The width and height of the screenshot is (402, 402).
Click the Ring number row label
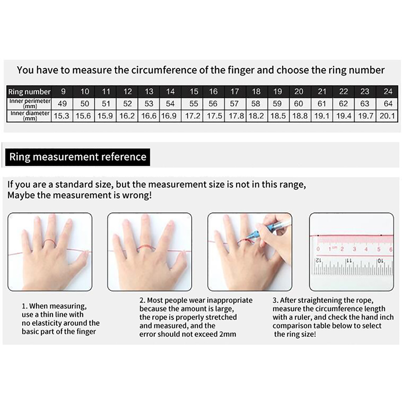(x=29, y=92)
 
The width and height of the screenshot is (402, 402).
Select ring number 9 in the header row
(x=63, y=91)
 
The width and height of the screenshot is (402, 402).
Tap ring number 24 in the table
(x=388, y=91)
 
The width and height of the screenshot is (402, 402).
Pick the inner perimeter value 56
(x=213, y=104)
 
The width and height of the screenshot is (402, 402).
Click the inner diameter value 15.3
(x=62, y=116)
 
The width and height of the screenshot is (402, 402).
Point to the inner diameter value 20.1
(x=387, y=116)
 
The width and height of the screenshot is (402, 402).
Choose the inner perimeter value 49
(x=62, y=104)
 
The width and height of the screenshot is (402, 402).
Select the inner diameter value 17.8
(x=236, y=116)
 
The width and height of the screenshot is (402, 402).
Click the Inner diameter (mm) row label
(x=30, y=116)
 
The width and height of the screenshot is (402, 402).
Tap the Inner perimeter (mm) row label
(x=30, y=104)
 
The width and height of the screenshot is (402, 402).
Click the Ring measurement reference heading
(x=78, y=157)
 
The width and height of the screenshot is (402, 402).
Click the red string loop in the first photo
(x=49, y=243)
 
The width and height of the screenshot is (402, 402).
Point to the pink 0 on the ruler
(x=318, y=249)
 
